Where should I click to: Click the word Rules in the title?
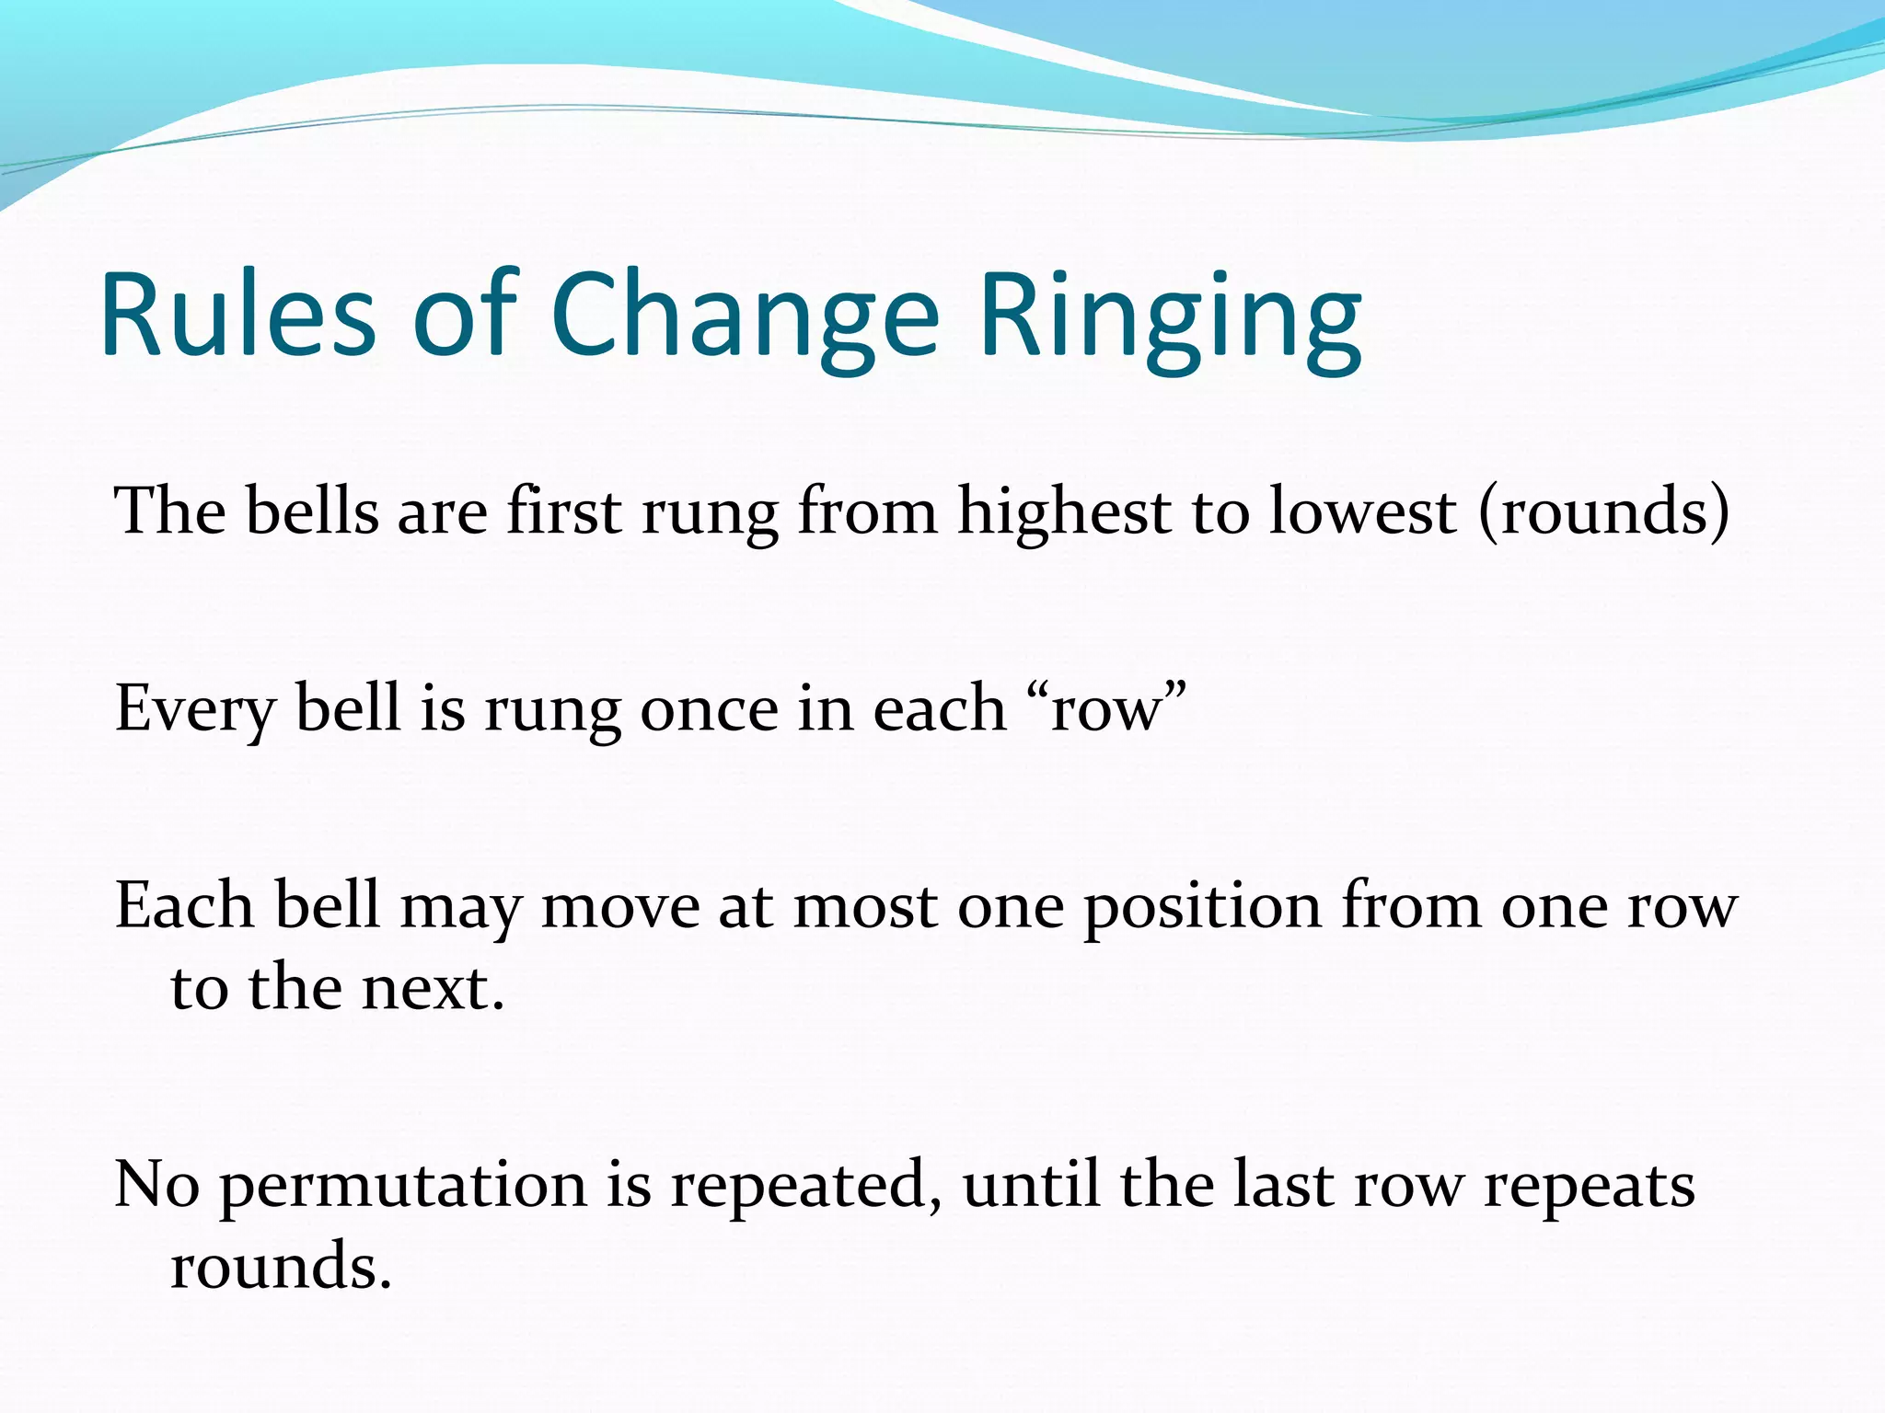pyautogui.click(x=237, y=315)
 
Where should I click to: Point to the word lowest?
pyautogui.click(x=1363, y=511)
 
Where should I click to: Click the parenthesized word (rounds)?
pyautogui.click(x=1603, y=511)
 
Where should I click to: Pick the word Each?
pyautogui.click(x=184, y=907)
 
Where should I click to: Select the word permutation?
pyautogui.click(x=403, y=1187)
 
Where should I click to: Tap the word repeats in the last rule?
pyautogui.click(x=1589, y=1187)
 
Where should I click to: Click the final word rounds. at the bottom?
pyautogui.click(x=281, y=1268)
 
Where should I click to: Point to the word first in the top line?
pyautogui.click(x=563, y=511)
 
